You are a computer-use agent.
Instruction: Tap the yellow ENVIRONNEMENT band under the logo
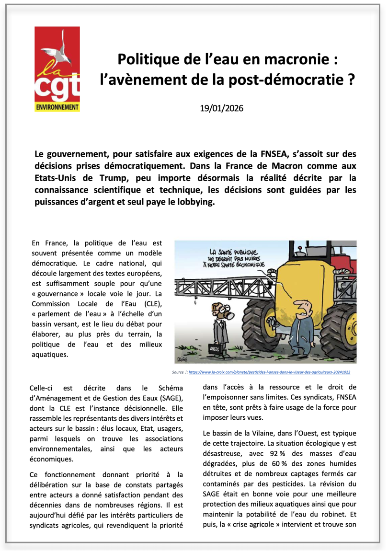pos(57,107)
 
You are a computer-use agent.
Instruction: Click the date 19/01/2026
pos(222,108)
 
